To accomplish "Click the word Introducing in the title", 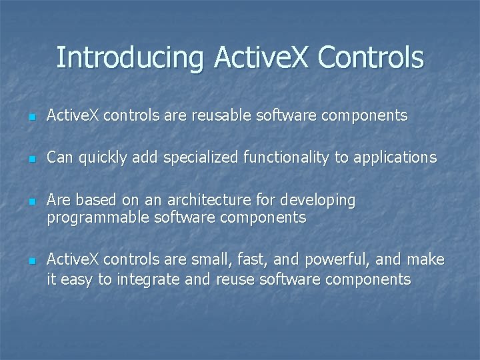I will pyautogui.click(x=131, y=58).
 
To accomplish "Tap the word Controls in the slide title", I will pyautogui.click(x=371, y=58).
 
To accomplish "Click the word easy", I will pyautogui.click(x=77, y=279).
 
